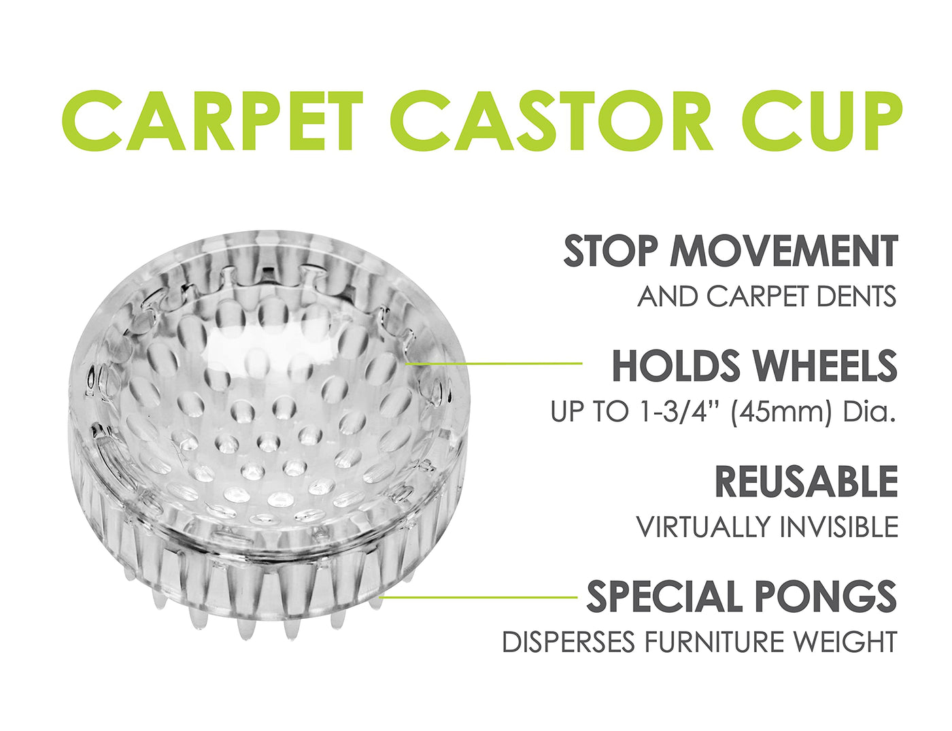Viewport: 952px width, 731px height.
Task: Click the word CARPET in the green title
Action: click(x=212, y=120)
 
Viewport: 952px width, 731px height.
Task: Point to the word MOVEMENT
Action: click(x=784, y=251)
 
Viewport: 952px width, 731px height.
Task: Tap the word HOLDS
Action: click(x=673, y=365)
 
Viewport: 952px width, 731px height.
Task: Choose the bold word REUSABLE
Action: click(x=806, y=481)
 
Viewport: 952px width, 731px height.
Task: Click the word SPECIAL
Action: click(x=664, y=596)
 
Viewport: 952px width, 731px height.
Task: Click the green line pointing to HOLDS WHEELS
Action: click(x=494, y=363)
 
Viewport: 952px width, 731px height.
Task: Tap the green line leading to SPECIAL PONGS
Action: click(x=479, y=596)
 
